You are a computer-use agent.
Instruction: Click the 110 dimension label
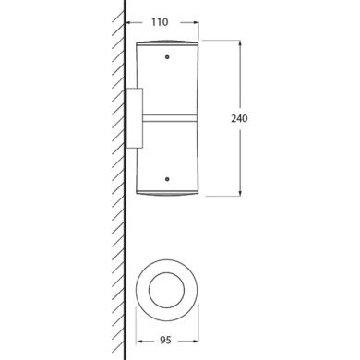[x=160, y=22]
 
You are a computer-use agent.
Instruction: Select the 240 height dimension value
[x=239, y=118]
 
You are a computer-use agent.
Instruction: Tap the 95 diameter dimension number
[x=165, y=341]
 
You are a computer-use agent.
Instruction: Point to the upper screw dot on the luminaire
[x=167, y=57]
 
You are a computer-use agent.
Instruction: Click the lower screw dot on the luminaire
[x=167, y=179]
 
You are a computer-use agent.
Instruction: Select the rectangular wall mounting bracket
[x=135, y=118]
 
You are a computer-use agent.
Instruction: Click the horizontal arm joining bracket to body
[x=170, y=118]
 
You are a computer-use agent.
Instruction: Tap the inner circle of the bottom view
[x=166, y=272]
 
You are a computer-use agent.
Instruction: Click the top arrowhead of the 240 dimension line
[x=240, y=43]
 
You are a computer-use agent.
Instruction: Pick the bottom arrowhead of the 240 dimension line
[x=240, y=193]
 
